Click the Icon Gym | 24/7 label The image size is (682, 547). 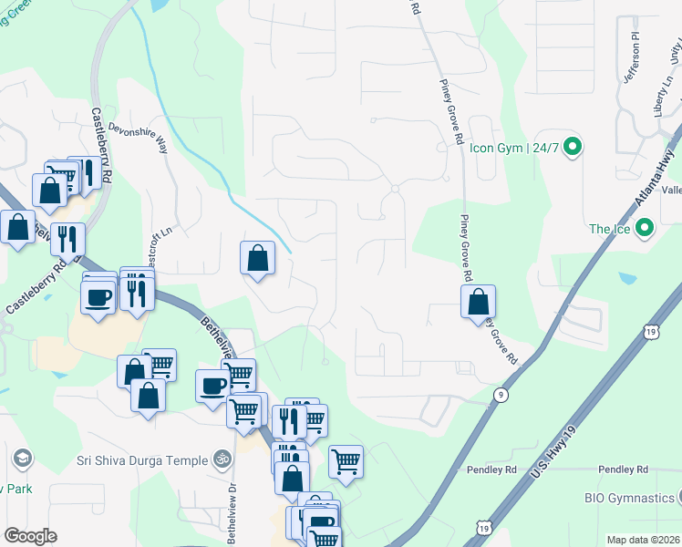point(513,146)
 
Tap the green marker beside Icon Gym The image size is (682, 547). point(573,146)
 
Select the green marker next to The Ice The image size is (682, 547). point(646,229)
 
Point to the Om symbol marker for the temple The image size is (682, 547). point(220,460)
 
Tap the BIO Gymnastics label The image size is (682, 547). point(628,498)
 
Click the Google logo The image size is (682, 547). point(30,536)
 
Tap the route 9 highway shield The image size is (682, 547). point(501,394)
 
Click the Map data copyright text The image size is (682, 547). point(643,540)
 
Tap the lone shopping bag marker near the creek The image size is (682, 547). point(258,259)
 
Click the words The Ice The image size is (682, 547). point(609,229)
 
